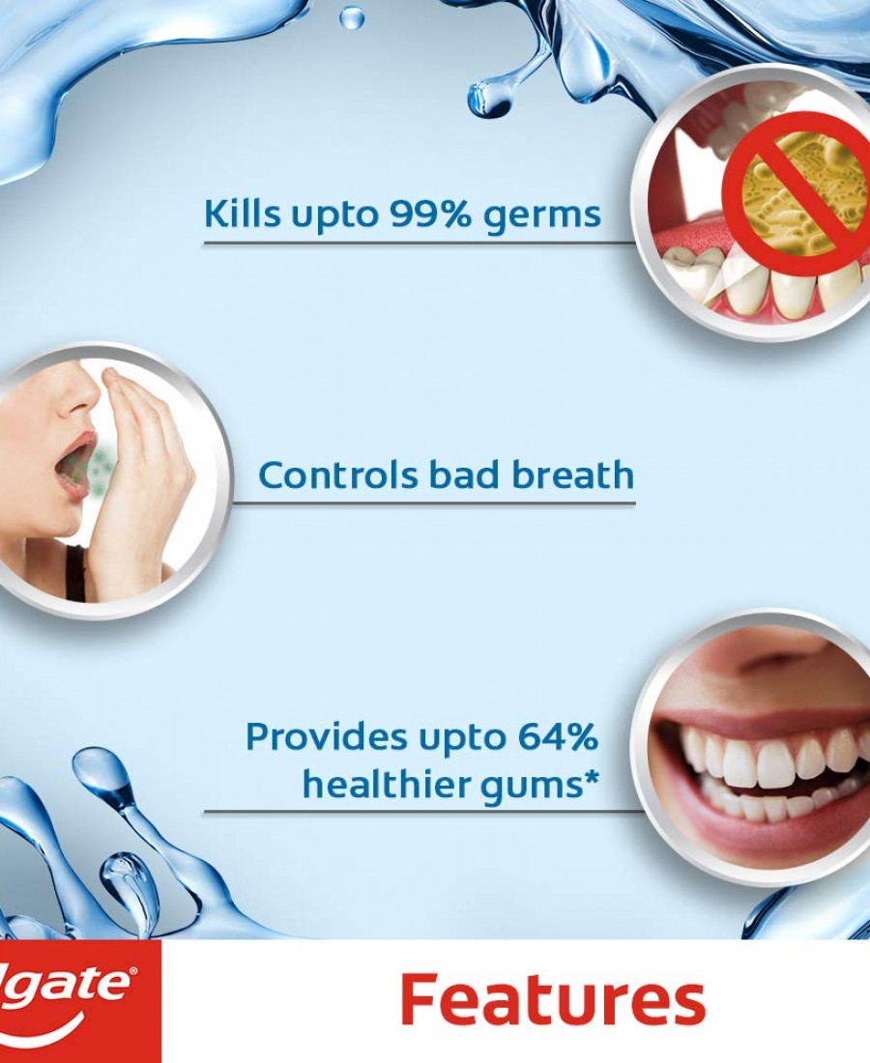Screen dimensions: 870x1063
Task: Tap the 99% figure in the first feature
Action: [x=430, y=214]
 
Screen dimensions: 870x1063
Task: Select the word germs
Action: [x=542, y=216]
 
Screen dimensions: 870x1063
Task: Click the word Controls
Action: [x=338, y=474]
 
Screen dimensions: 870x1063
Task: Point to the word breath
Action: [x=573, y=474]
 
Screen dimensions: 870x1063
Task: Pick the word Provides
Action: [x=327, y=736]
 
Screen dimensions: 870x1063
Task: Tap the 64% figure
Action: [x=558, y=736]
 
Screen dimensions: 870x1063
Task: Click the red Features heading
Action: [x=553, y=1000]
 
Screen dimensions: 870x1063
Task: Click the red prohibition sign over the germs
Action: [x=795, y=195]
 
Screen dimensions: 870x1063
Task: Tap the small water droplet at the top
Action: [x=351, y=17]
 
